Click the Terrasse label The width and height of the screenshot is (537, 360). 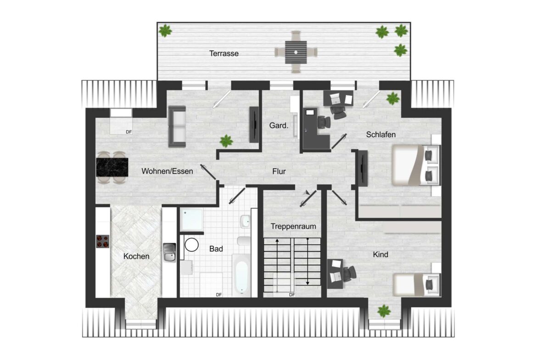[224, 53]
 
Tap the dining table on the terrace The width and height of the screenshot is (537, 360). [296, 52]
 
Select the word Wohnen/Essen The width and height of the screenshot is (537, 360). [167, 171]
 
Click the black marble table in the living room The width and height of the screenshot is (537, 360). [112, 167]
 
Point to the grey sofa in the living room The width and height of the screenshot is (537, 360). [177, 127]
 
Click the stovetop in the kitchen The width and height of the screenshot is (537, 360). [103, 241]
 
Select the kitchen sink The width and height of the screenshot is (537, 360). [169, 253]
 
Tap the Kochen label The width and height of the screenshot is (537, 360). [136, 256]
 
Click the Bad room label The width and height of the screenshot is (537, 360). [216, 249]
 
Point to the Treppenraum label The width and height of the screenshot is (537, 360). [293, 226]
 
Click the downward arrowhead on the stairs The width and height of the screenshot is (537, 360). [307, 282]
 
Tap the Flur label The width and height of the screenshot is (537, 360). [279, 172]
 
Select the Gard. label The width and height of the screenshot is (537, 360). [279, 125]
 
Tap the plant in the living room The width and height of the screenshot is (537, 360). [225, 140]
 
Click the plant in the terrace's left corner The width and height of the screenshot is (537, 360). [165, 31]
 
